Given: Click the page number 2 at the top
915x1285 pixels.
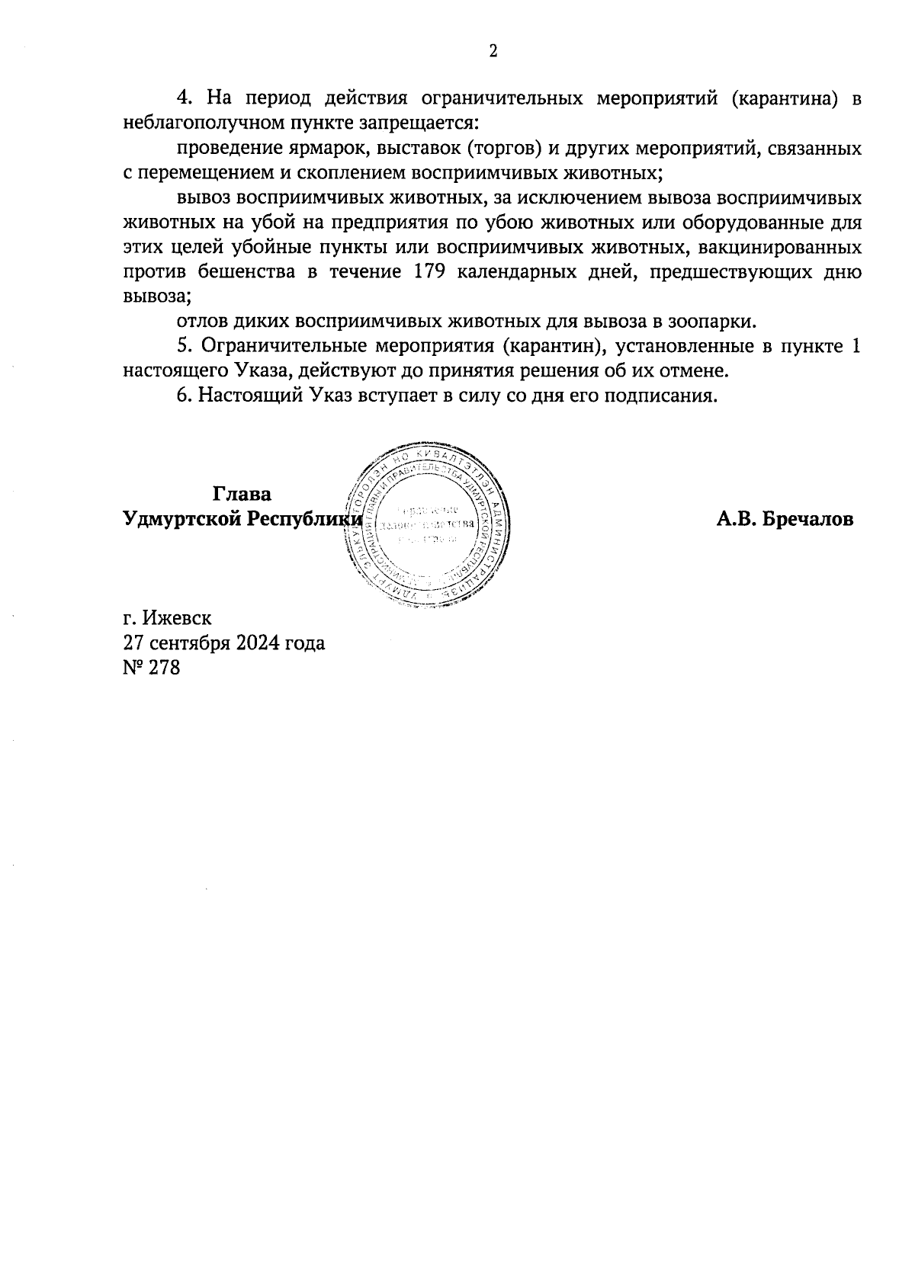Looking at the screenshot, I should tap(493, 51).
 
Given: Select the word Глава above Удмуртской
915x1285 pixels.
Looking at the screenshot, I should tap(242, 494).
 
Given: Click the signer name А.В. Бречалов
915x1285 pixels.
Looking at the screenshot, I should tap(785, 519).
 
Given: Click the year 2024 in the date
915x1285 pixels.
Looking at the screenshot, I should tap(256, 642).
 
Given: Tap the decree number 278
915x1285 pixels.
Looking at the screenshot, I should tap(165, 668).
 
